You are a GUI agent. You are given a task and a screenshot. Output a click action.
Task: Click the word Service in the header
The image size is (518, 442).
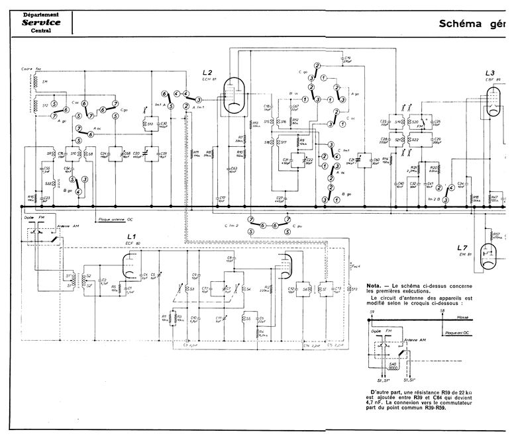tap(41, 22)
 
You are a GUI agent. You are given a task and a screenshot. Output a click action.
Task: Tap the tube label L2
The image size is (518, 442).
tap(207, 72)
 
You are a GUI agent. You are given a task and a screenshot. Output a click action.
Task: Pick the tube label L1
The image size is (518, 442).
tap(131, 236)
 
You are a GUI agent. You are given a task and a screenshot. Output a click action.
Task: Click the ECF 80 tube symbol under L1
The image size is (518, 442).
tap(130, 268)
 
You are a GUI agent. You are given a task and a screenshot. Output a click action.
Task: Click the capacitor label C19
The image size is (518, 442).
tap(347, 58)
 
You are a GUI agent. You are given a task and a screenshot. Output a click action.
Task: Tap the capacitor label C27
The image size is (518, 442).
tap(280, 197)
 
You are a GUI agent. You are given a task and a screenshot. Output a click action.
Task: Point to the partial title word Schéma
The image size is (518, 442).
tap(462, 24)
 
